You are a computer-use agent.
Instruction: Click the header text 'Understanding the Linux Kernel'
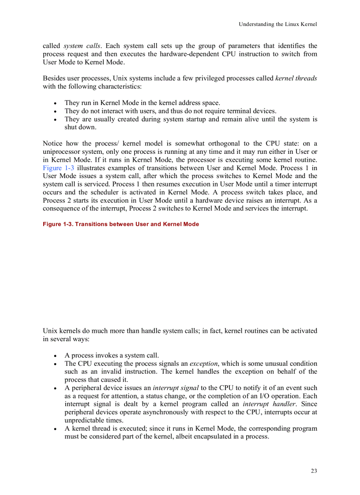click(277, 24)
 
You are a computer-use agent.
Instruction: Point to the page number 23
click(314, 471)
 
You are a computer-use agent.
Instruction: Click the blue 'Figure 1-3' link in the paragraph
click(58, 168)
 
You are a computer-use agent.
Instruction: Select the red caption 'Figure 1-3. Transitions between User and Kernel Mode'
click(120, 224)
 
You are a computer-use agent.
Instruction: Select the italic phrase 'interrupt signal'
click(176, 388)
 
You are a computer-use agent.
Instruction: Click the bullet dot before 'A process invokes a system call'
click(55, 356)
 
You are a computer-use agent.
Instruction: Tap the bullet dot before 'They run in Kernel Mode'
click(55, 103)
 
